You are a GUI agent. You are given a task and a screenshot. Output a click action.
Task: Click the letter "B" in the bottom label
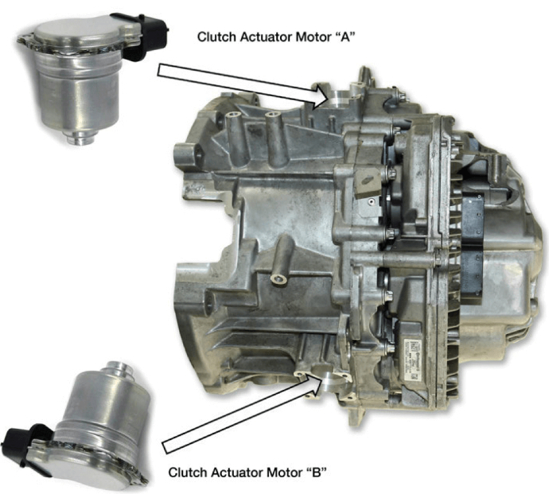316,473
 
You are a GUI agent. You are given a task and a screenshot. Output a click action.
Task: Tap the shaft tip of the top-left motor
80,138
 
